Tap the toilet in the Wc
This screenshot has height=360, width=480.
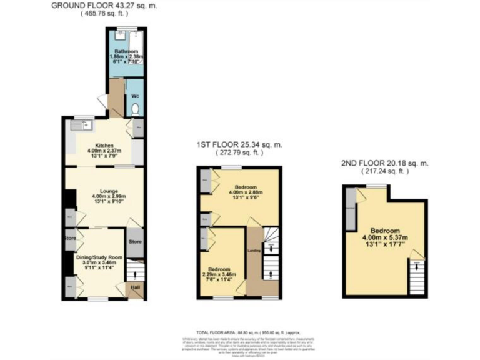click(136, 109)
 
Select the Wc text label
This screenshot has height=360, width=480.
click(135, 96)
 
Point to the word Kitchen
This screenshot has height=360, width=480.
click(104, 145)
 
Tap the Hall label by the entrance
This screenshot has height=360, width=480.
click(135, 289)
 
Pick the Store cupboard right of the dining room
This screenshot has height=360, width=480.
click(135, 241)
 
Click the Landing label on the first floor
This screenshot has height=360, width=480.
click(254, 251)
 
